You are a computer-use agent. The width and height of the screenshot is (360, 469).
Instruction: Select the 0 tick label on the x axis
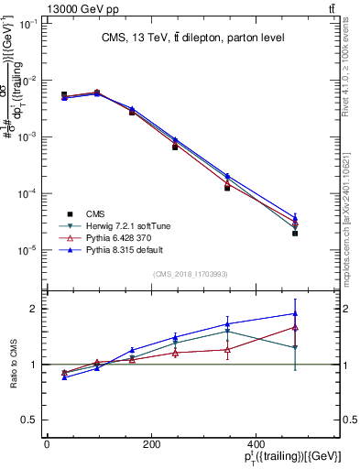click(x=47, y=445)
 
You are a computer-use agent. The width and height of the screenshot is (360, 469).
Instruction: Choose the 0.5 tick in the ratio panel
click(x=27, y=420)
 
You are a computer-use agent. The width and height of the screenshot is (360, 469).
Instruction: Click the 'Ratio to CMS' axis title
click(x=12, y=365)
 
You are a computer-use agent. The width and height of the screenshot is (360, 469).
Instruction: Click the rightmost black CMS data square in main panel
click(x=321, y=234)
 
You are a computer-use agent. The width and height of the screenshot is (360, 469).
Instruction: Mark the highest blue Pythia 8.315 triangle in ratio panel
click(x=321, y=314)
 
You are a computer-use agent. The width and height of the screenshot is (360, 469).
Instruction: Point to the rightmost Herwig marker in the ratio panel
click(x=321, y=347)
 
